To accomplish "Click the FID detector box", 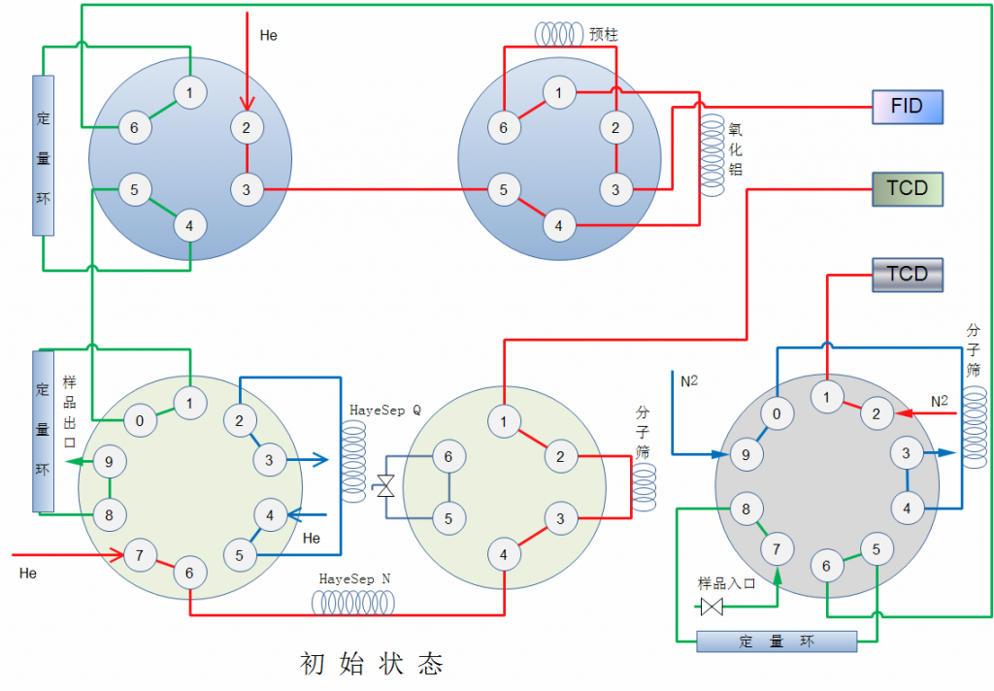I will point(907,106).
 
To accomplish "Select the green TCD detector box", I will point(907,188).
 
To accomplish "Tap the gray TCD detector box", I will point(907,274).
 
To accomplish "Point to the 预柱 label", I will point(604,34).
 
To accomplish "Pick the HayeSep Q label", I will point(385,410).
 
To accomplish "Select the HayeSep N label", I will point(355,578).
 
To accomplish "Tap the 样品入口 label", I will point(726,583).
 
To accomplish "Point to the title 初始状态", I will point(372,664).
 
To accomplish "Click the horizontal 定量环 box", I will point(777,642).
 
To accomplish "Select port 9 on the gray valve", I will point(745,453).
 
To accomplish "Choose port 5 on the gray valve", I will point(877,549).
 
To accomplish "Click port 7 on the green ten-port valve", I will point(140,555).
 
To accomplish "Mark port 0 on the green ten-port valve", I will point(140,420).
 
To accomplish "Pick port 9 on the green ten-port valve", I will point(109,462).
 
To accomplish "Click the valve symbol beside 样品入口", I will point(712,608).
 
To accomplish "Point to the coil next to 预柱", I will point(558,34).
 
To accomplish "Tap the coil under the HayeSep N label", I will point(353,604).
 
